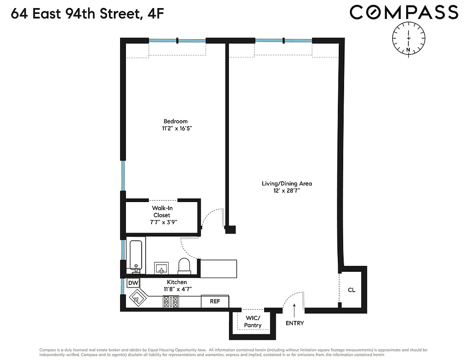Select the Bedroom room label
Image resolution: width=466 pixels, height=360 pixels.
175,121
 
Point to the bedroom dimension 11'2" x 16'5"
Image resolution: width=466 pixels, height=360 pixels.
175,129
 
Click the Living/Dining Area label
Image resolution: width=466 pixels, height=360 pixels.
287,184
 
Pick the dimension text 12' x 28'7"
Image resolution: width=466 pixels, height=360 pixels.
287,191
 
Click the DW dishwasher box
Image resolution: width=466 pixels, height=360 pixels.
133,283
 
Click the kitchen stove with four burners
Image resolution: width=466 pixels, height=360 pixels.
171,301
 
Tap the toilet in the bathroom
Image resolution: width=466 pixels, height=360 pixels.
185,266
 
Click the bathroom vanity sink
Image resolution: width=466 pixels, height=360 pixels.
161,268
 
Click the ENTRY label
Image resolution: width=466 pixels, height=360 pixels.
295,323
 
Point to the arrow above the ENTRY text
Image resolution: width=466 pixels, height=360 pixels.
294,309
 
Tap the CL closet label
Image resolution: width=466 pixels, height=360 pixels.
351,290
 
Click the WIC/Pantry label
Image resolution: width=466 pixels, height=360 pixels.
252,321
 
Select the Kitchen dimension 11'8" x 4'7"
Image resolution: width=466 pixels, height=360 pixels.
176,289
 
